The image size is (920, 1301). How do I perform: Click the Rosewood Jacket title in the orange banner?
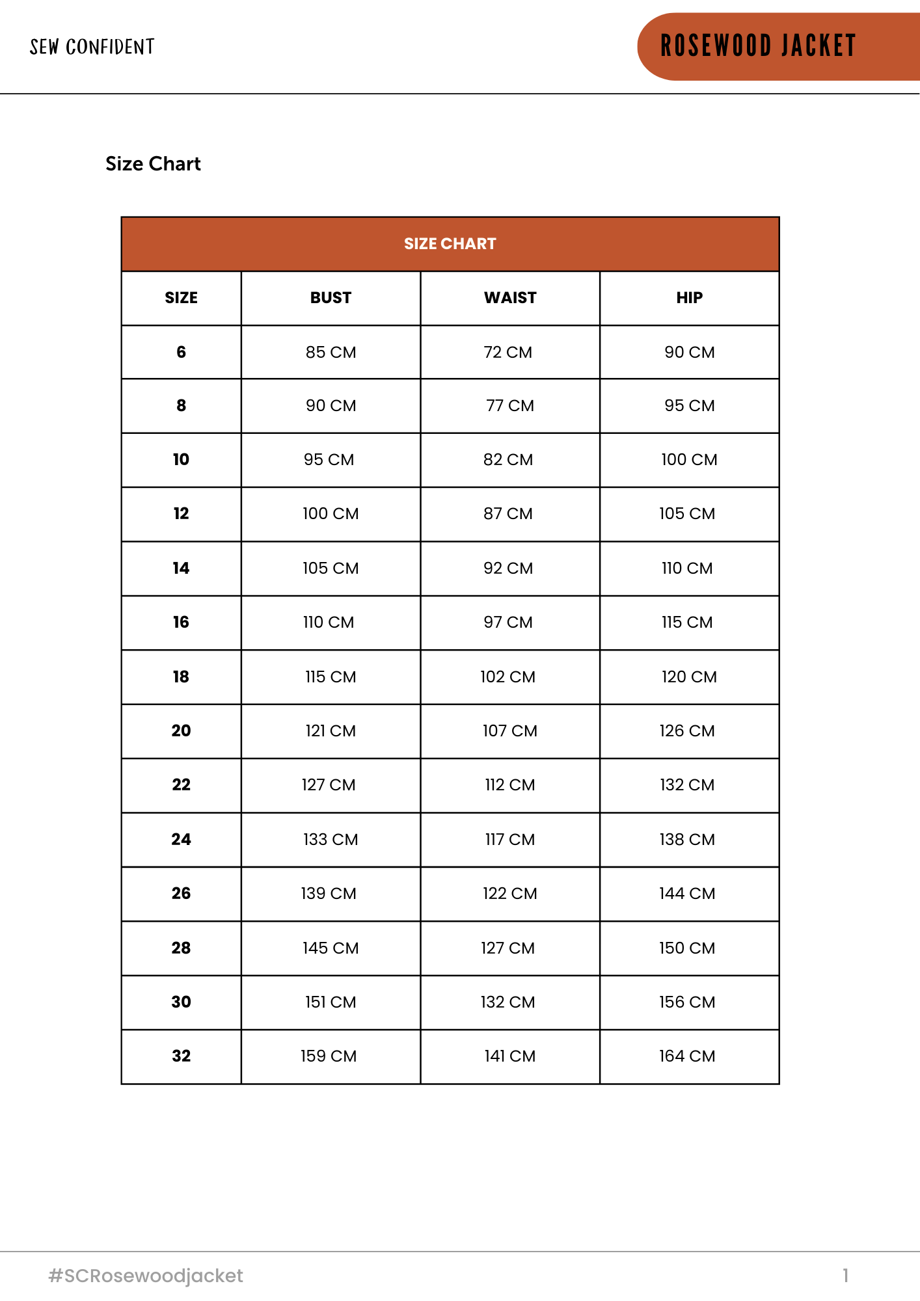tap(758, 46)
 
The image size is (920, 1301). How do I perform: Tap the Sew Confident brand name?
tap(92, 47)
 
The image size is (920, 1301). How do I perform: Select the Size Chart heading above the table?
tap(153, 164)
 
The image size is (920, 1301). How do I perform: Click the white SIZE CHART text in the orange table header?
tap(450, 244)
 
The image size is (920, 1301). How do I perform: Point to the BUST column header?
tap(331, 298)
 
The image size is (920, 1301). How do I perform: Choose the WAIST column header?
tap(510, 298)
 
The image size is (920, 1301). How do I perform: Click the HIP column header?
tap(689, 298)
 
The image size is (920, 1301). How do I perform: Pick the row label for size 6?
tap(181, 352)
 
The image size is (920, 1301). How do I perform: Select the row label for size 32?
tap(181, 1056)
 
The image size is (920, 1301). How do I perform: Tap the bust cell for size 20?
tap(331, 731)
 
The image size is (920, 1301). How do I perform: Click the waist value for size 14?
tap(508, 568)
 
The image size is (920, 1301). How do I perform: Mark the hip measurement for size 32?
tap(687, 1056)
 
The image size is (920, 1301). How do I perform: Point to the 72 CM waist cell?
tap(508, 352)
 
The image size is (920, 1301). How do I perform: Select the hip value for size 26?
tap(687, 893)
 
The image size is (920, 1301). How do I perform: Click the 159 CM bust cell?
tap(329, 1056)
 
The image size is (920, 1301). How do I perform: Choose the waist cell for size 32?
tap(510, 1056)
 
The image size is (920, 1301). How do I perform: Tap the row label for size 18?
tap(181, 677)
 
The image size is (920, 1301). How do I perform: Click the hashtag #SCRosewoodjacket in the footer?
tap(146, 1276)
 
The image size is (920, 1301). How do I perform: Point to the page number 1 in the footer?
tap(845, 1276)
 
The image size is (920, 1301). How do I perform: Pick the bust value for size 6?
tap(331, 352)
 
